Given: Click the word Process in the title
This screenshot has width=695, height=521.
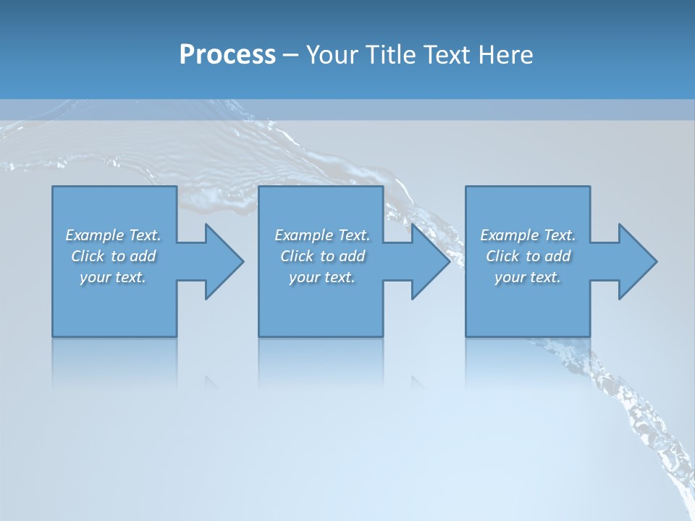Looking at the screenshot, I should (x=227, y=55).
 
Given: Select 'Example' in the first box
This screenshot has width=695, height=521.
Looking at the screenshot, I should (x=93, y=235).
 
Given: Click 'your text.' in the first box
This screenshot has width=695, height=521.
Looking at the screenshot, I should (x=113, y=277).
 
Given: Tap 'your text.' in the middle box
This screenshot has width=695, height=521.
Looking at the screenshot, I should (x=322, y=277).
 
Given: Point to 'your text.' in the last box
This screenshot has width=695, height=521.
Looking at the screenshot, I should (x=528, y=277).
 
